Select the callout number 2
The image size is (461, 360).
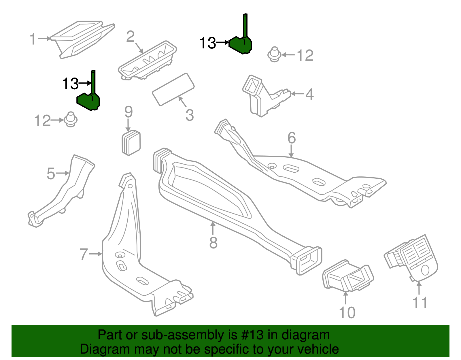131,37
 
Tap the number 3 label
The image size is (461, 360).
189,115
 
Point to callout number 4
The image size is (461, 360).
309,94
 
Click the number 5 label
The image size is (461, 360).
51,174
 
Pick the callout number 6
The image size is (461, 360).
292,138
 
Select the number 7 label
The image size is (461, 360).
84,254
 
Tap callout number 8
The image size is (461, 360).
213,243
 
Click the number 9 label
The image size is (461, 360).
129,112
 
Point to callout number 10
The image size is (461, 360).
347,313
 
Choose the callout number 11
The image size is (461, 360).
420,303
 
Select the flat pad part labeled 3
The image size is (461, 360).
173,89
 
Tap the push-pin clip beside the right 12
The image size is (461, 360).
275,54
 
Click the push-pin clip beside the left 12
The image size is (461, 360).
70,119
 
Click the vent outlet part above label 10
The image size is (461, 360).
348,277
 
